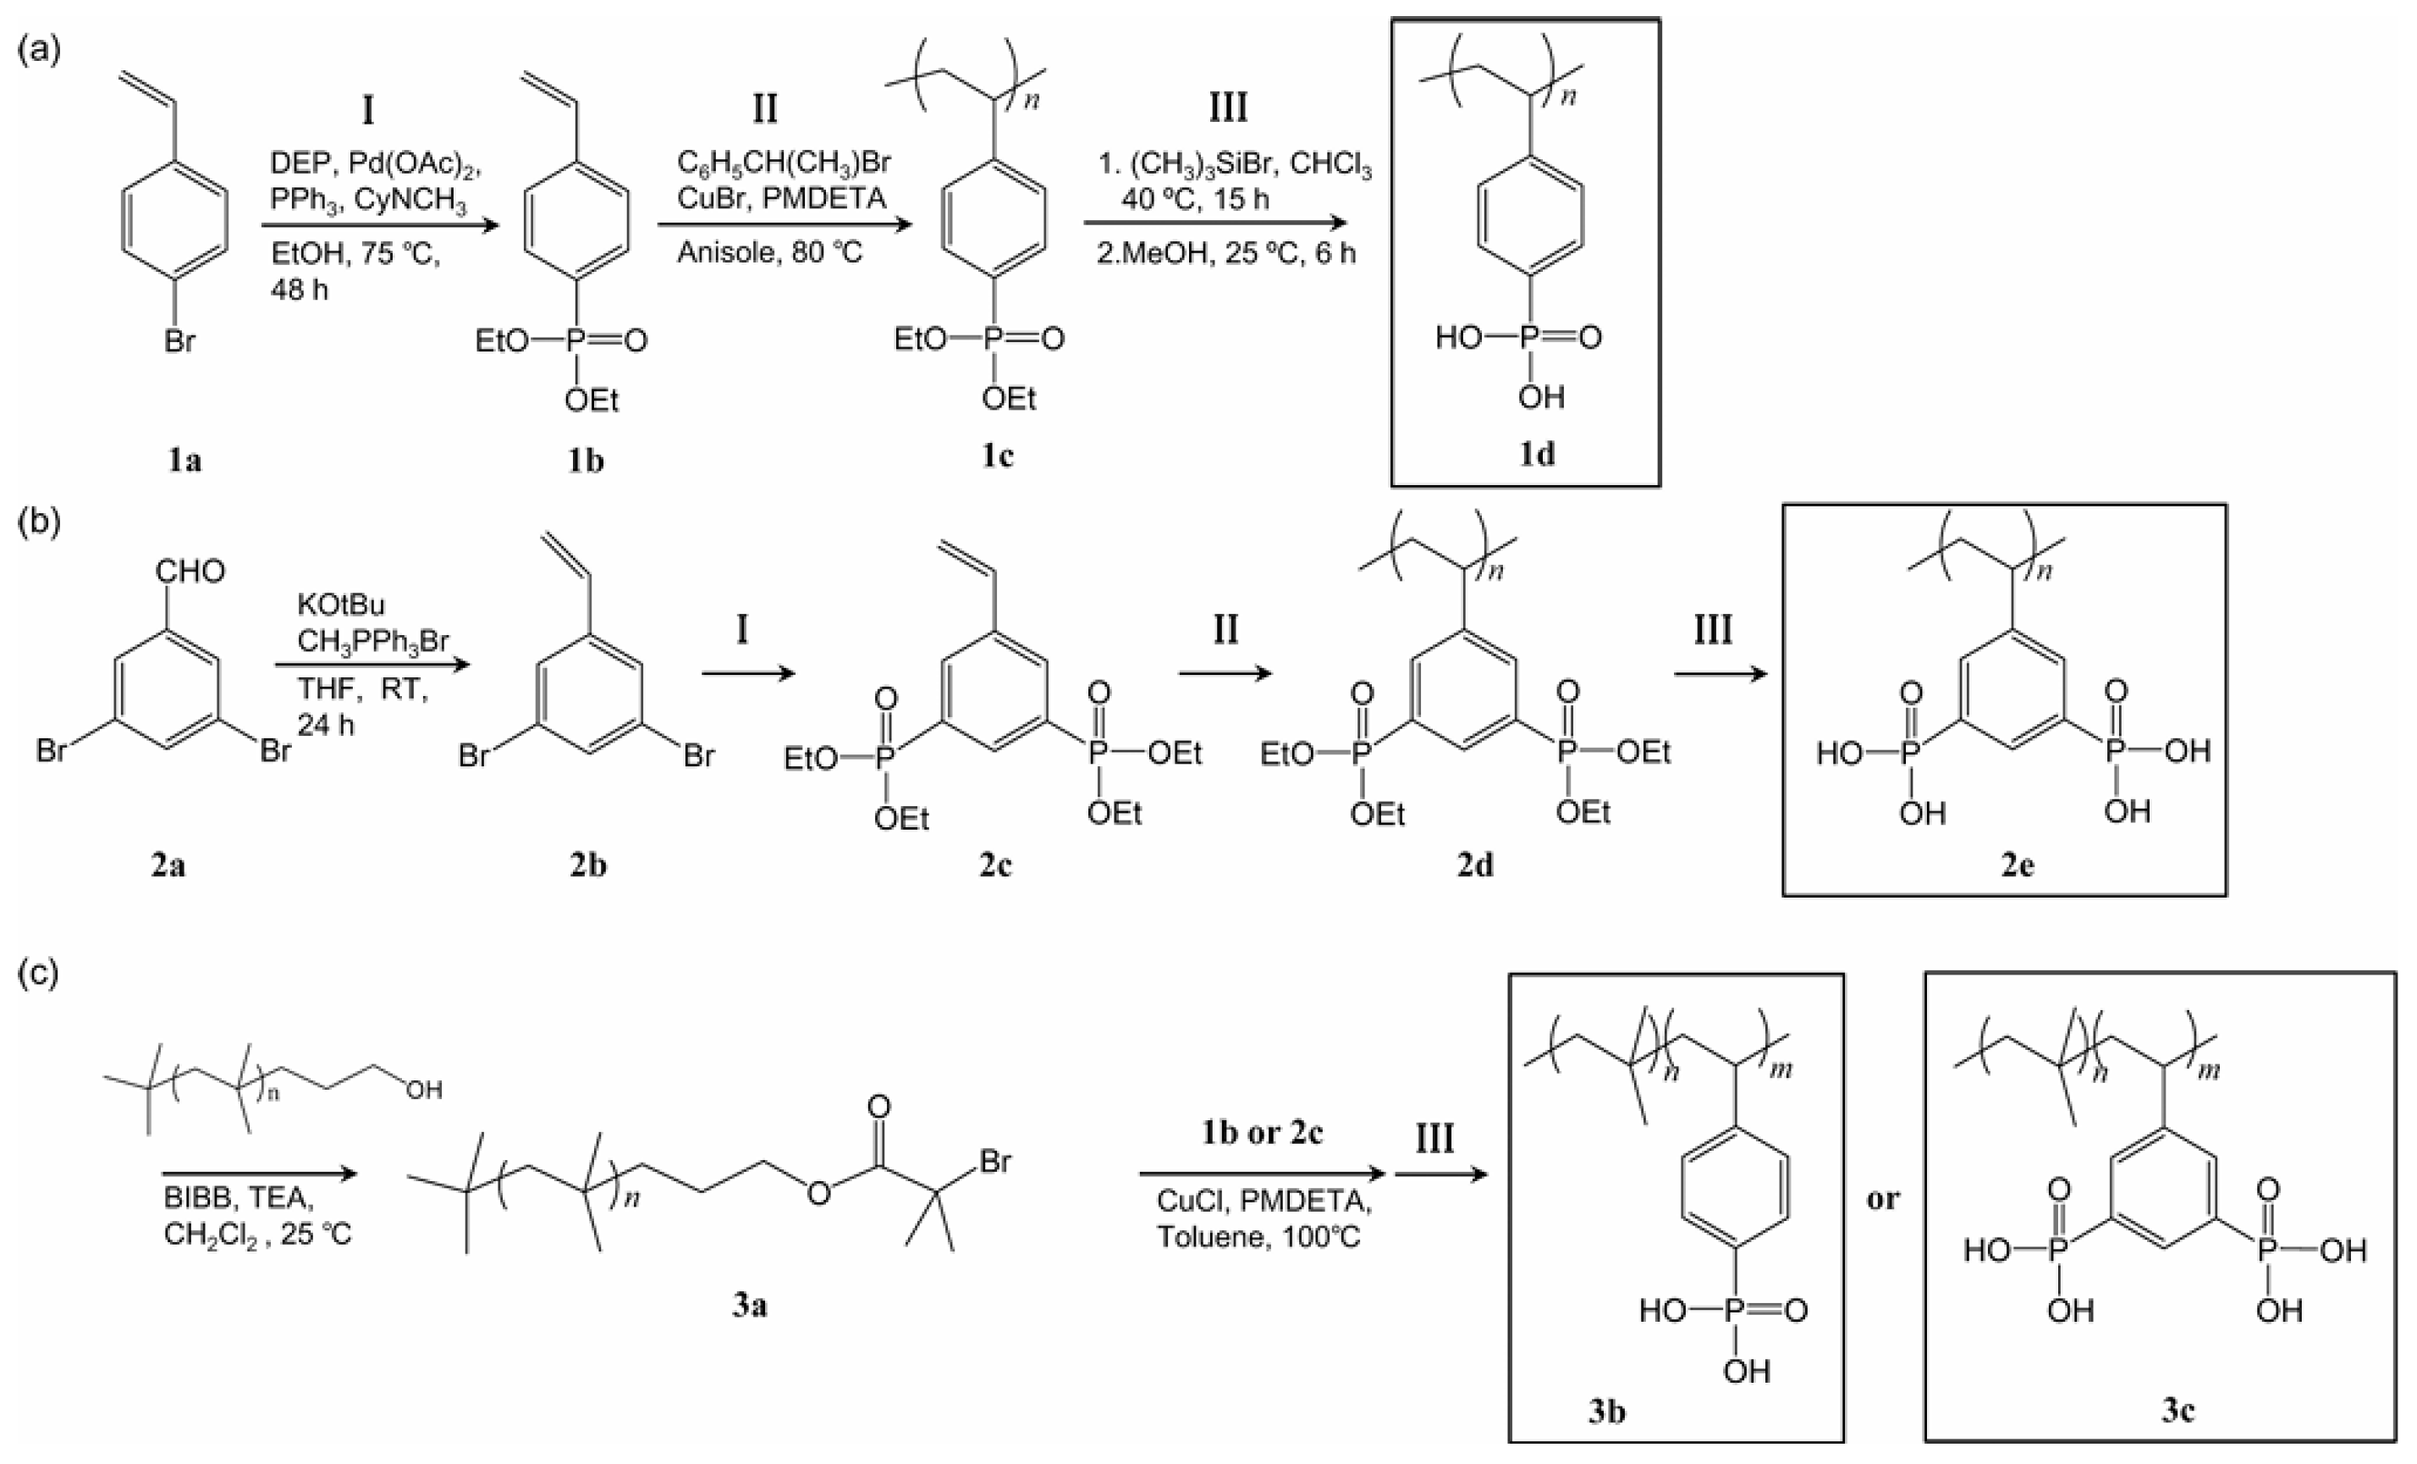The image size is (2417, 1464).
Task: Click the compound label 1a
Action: [x=184, y=459]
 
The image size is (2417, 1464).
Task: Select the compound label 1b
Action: [x=586, y=459]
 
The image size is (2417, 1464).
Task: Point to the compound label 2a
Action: [x=168, y=865]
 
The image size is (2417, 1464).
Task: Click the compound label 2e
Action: [x=2018, y=865]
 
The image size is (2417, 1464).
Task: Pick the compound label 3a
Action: [x=750, y=1305]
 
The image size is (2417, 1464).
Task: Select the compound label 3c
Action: [x=2178, y=1410]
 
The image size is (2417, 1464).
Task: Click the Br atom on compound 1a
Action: [x=179, y=341]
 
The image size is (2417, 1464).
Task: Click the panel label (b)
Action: [x=39, y=520]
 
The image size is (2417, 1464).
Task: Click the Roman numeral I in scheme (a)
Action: [x=368, y=110]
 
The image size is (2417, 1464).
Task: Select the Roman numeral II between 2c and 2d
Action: [x=1225, y=629]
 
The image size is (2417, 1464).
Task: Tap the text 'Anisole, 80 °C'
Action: [x=769, y=253]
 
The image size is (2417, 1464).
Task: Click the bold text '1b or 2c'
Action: [x=1262, y=1133]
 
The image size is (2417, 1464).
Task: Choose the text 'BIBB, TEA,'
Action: [x=239, y=1198]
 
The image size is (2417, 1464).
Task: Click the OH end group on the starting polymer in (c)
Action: [x=424, y=1089]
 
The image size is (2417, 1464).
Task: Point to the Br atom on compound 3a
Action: [x=994, y=1162]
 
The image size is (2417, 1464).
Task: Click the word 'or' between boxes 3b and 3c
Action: [x=1882, y=1198]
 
